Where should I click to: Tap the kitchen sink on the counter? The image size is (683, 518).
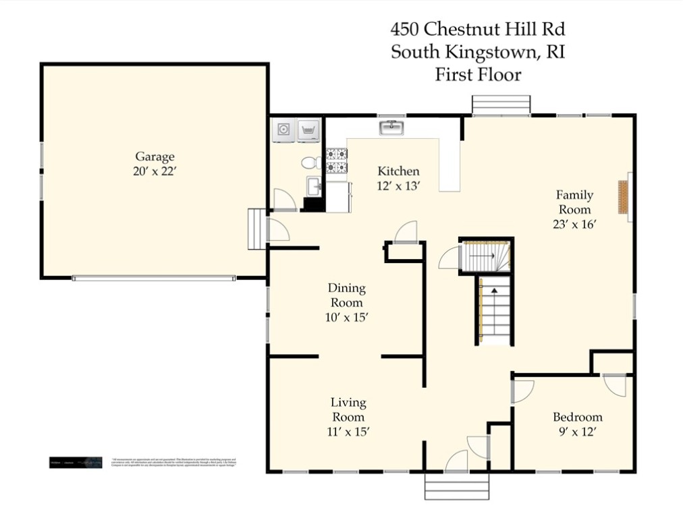(391, 127)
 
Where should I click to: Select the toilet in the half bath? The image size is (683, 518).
(311, 163)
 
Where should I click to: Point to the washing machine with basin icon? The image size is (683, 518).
(308, 129)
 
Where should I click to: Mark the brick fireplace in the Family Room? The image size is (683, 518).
(624, 197)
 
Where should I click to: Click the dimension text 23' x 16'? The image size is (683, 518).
(574, 225)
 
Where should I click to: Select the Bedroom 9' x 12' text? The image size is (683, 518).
(577, 424)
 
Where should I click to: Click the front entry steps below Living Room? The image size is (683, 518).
(456, 486)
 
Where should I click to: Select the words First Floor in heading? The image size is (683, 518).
(478, 74)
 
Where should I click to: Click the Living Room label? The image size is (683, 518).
(348, 409)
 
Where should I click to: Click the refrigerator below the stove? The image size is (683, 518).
(337, 196)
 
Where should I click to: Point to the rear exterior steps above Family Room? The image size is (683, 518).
(501, 105)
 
